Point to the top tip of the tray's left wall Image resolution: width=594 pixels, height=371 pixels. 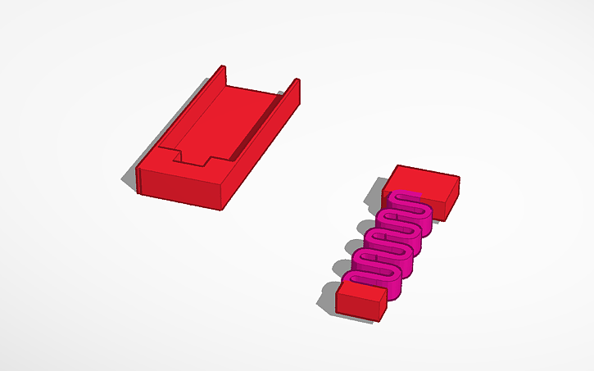pos(220,67)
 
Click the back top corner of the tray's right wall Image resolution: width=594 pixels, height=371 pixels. pos(297,79)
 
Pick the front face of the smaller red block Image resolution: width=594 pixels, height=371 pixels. pos(356,306)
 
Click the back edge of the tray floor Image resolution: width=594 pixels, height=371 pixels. pos(258,88)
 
